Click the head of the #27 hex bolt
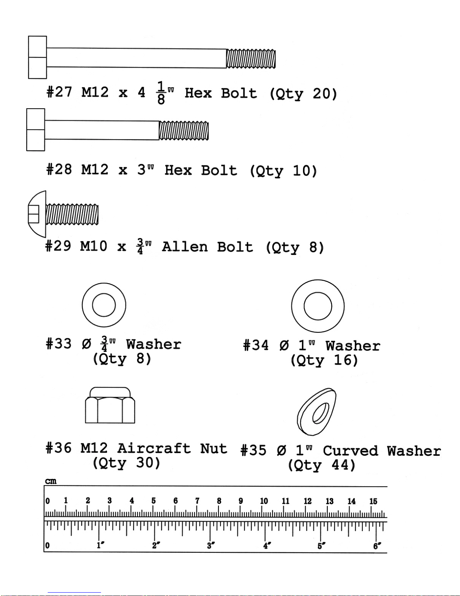coord(38,57)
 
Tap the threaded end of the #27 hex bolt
coord(251,59)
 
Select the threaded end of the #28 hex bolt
coord(184,131)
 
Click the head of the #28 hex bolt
coord(36,130)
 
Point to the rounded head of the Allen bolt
coord(37,214)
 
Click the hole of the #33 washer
coord(104,305)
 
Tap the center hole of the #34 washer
coord(318,306)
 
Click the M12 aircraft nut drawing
coord(110,405)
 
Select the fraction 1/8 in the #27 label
coord(161,93)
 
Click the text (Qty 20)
coord(303,94)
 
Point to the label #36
coord(59,448)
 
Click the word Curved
coord(350,451)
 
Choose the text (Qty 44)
coord(322,465)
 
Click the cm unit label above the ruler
coord(51,481)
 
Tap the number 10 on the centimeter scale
coord(264,501)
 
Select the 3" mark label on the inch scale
coord(211,546)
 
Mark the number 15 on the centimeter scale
coord(374,501)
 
